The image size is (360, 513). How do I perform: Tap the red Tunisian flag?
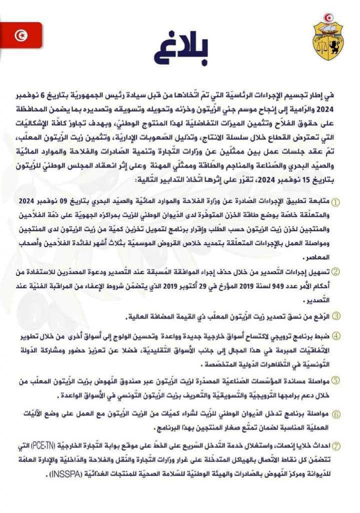21,35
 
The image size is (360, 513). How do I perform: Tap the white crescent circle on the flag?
22,35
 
